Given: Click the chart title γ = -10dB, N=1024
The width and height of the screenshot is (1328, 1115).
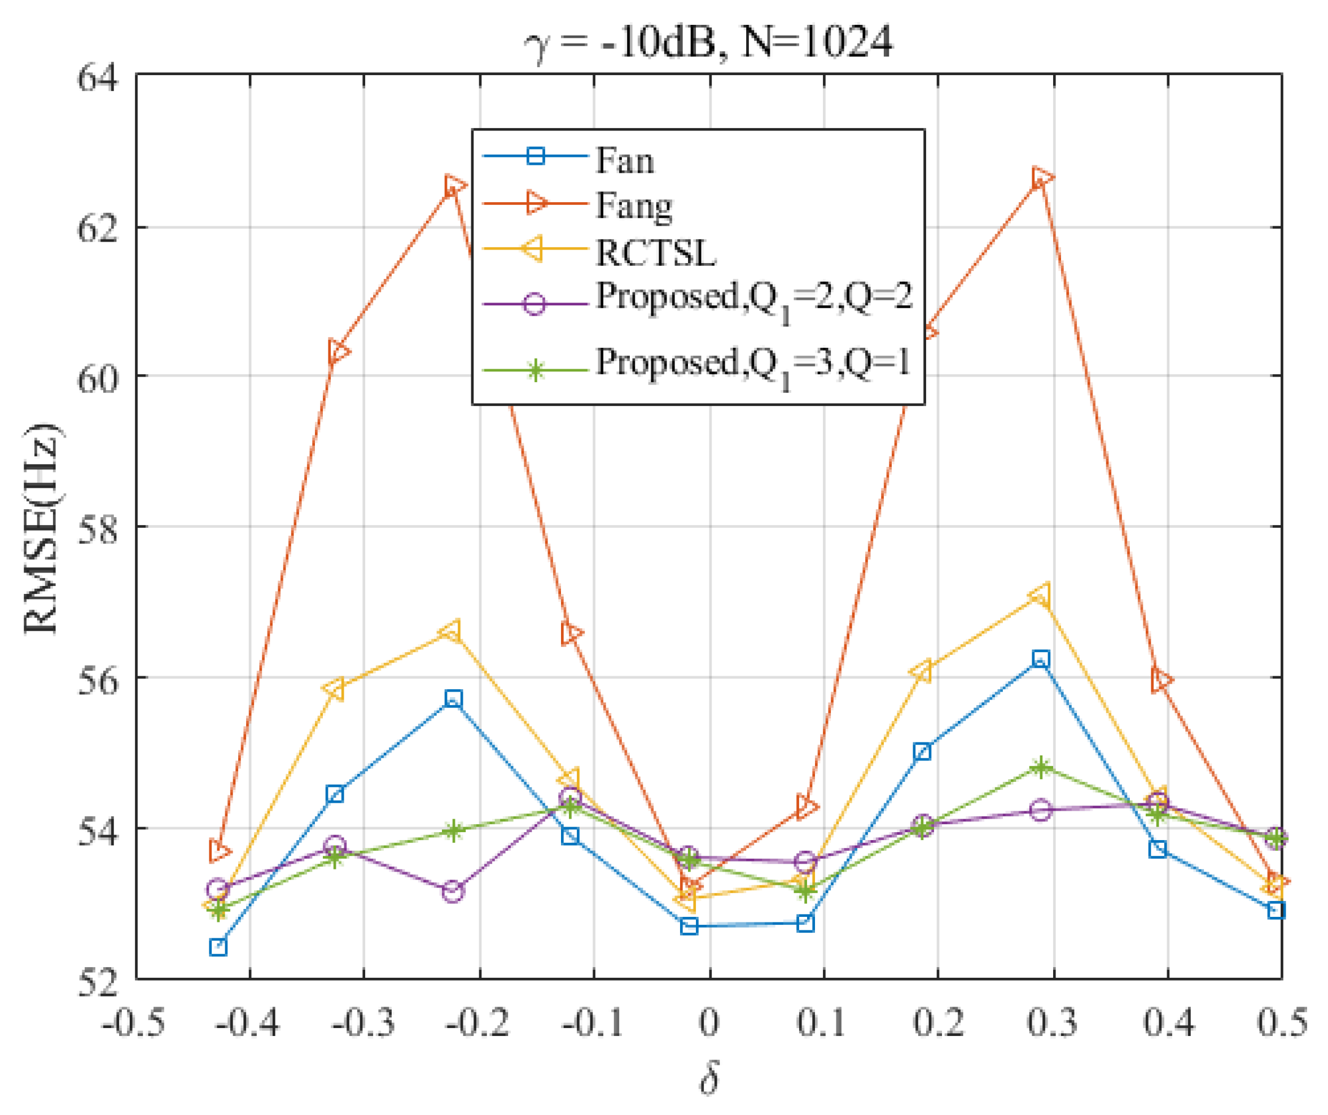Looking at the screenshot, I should (x=708, y=43).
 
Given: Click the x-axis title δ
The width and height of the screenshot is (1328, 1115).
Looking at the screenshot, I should (x=709, y=1079).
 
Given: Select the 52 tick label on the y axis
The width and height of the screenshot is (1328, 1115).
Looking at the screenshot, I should (x=98, y=982).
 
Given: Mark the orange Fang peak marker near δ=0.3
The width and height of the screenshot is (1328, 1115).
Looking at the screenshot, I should (x=1041, y=179).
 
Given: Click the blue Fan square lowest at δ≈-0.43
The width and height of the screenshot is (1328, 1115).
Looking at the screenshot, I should (x=218, y=947).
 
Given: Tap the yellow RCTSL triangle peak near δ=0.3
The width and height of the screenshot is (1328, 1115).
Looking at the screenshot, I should (x=1040, y=595).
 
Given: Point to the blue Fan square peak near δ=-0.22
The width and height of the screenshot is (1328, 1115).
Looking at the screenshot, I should (x=453, y=699).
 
